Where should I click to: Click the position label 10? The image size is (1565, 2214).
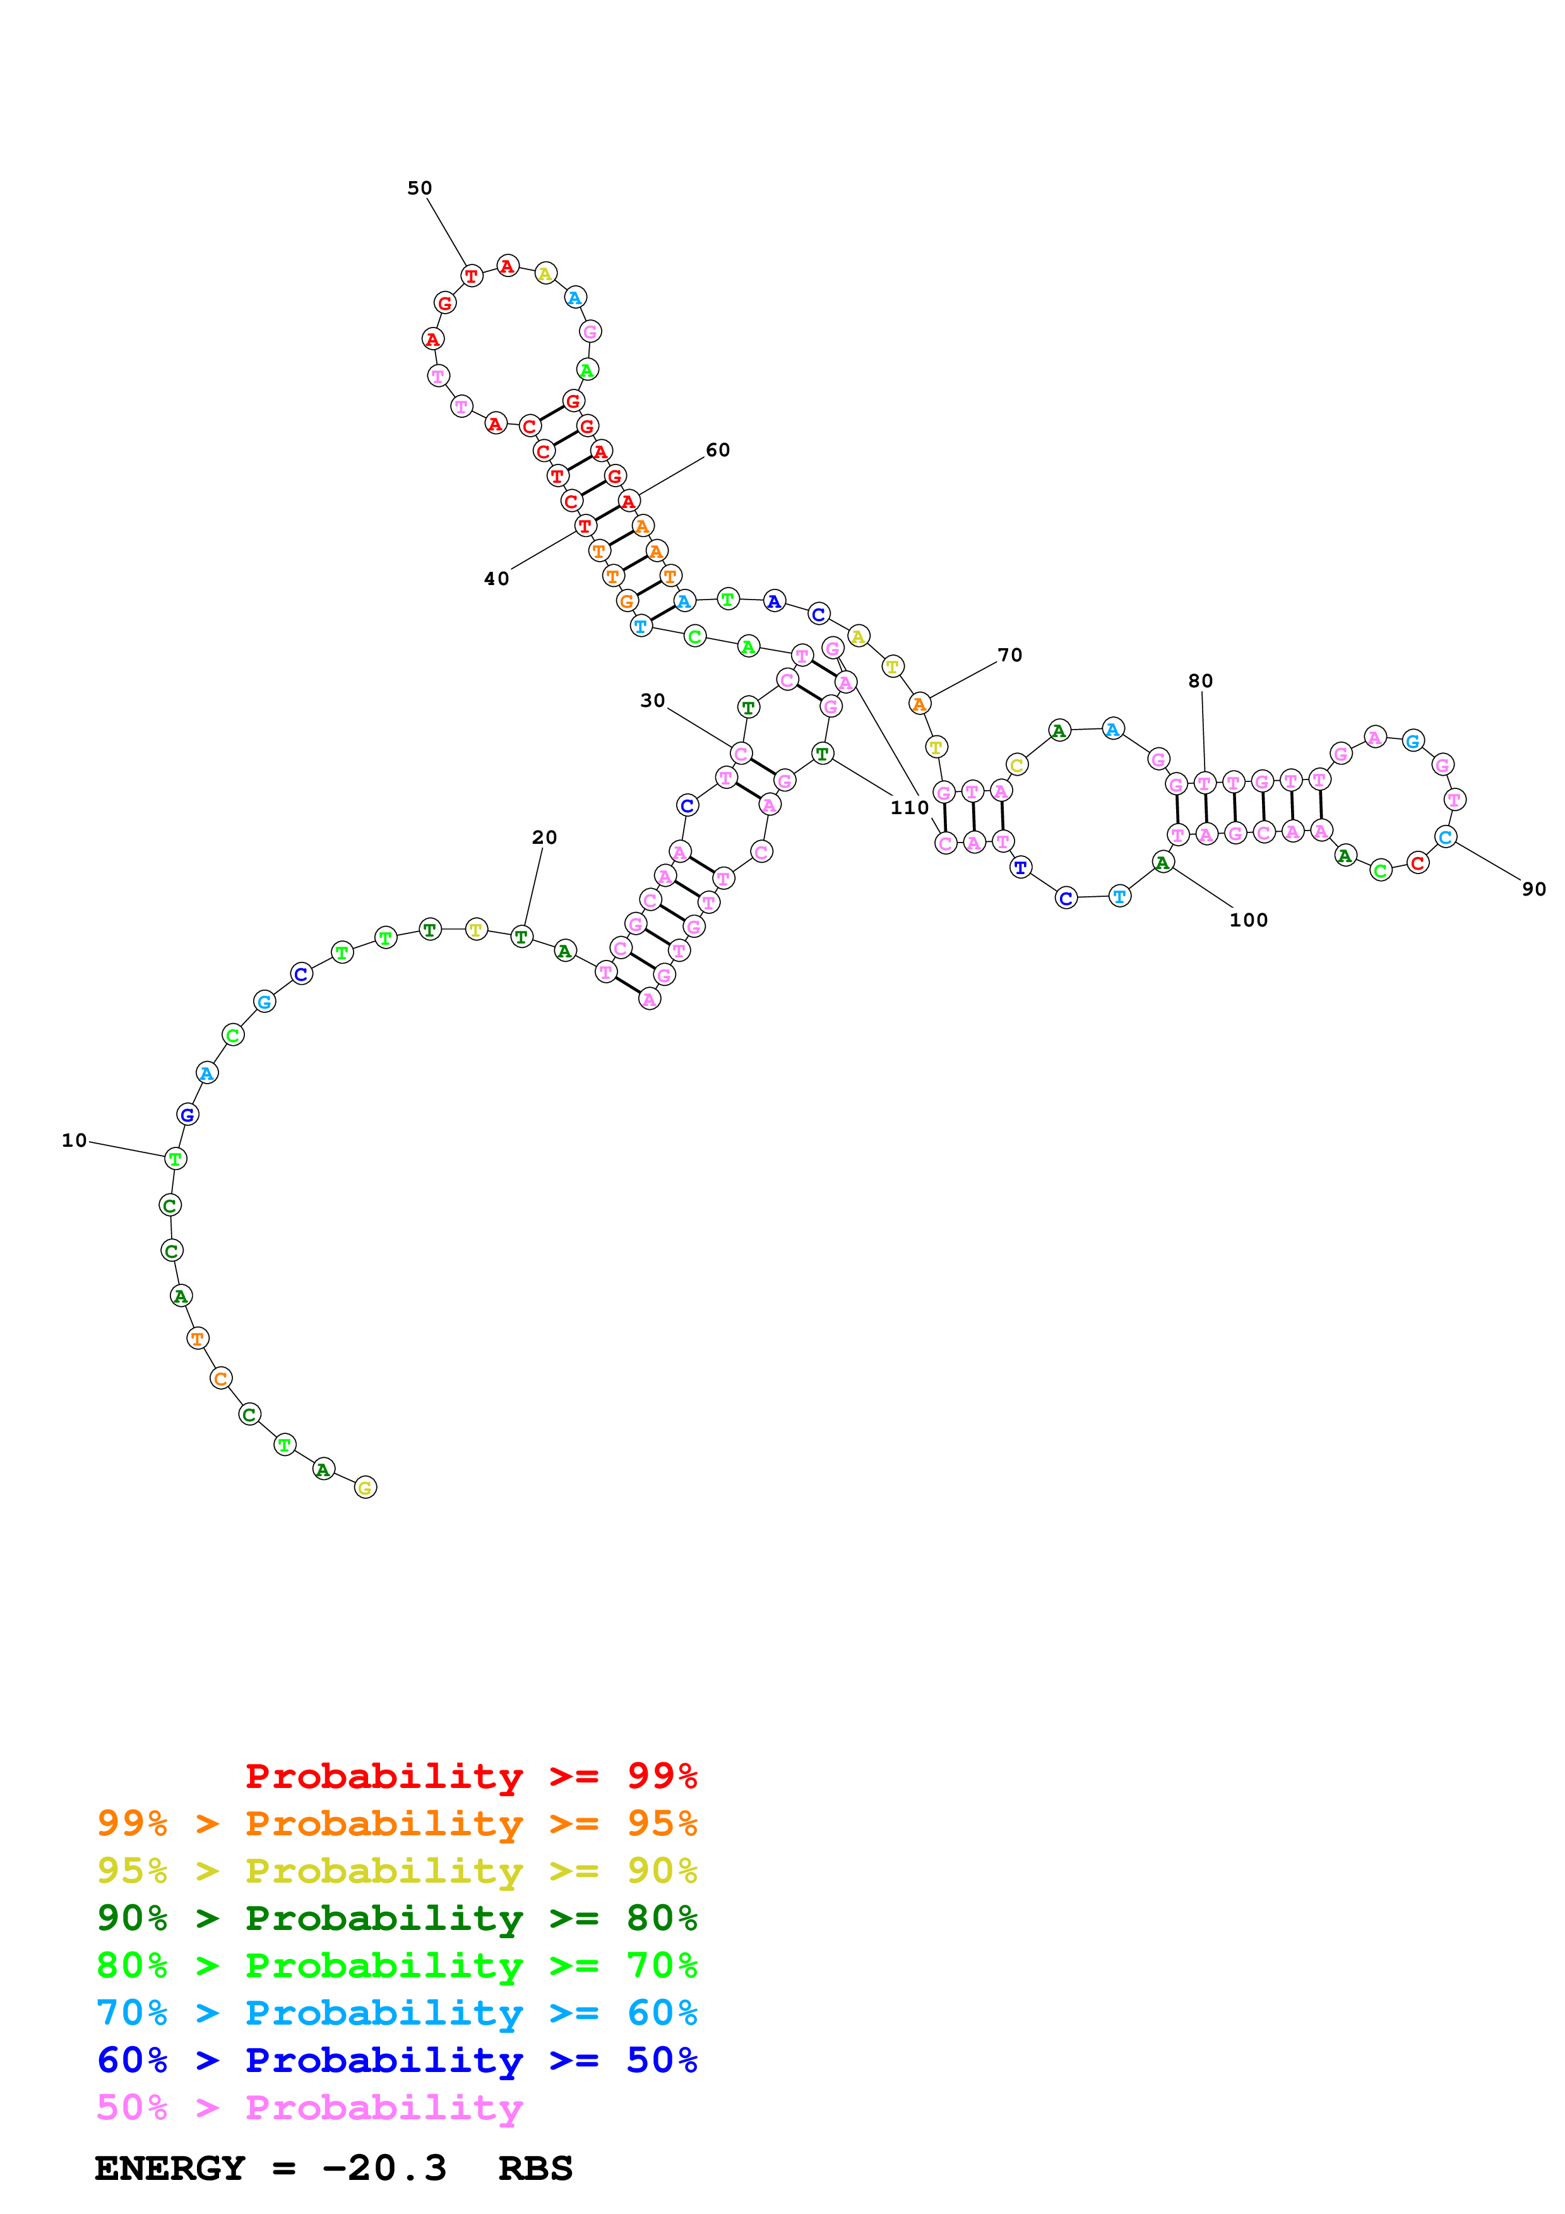(x=74, y=1140)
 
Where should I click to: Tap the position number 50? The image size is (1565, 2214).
(x=419, y=188)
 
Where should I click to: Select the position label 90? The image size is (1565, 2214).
(x=1533, y=889)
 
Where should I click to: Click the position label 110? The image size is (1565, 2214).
(x=908, y=807)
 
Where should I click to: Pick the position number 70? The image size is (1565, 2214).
(x=1009, y=654)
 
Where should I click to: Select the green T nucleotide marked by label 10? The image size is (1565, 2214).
(x=174, y=1158)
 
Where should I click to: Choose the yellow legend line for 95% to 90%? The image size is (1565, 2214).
(x=396, y=1870)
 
